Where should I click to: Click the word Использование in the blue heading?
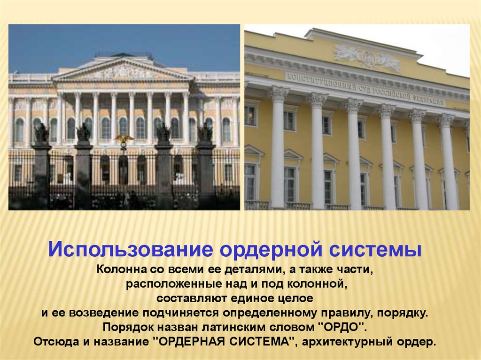click(131, 249)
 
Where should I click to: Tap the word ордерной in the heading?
click(271, 249)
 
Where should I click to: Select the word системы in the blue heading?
click(375, 249)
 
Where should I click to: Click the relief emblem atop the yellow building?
click(367, 58)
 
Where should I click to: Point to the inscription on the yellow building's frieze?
click(365, 88)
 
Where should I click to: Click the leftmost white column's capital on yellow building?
click(279, 94)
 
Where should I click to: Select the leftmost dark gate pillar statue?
click(41, 133)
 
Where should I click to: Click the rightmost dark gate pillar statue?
click(205, 132)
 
